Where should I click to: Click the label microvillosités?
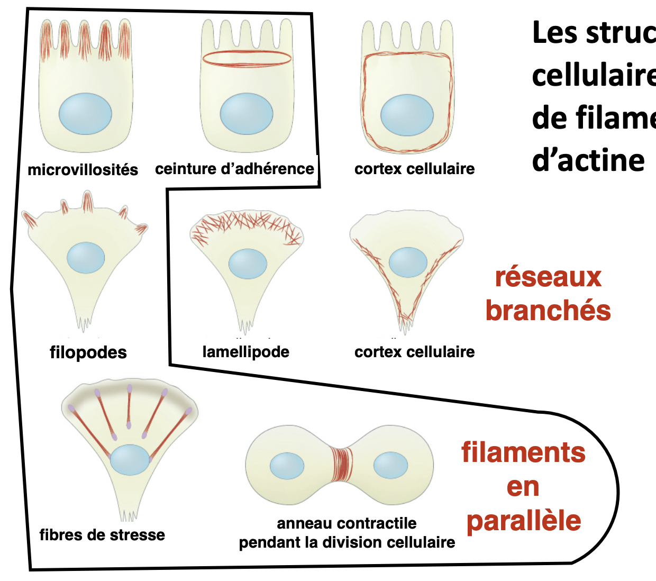tap(83, 170)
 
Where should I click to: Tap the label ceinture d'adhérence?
tap(234, 169)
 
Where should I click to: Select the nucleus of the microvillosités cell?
tap(85, 114)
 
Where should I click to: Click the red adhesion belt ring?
tap(247, 58)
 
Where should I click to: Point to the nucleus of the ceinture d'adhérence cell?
tap(246, 114)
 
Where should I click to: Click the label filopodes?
tap(88, 352)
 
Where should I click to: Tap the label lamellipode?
tap(245, 352)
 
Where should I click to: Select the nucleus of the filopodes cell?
tap(86, 258)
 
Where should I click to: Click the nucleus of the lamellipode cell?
tap(248, 264)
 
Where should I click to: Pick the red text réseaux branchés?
tap(548, 294)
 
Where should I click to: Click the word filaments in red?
tap(523, 453)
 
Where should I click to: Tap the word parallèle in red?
tap(524, 521)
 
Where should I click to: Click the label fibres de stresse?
tap(102, 535)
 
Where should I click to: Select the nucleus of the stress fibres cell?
tap(130, 460)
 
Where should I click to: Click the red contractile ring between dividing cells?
tap(341, 465)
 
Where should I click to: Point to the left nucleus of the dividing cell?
tap(287, 466)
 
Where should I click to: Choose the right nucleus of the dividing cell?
tap(390, 466)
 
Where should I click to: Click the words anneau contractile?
tap(347, 523)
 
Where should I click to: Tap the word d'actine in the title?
tap(588, 160)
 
